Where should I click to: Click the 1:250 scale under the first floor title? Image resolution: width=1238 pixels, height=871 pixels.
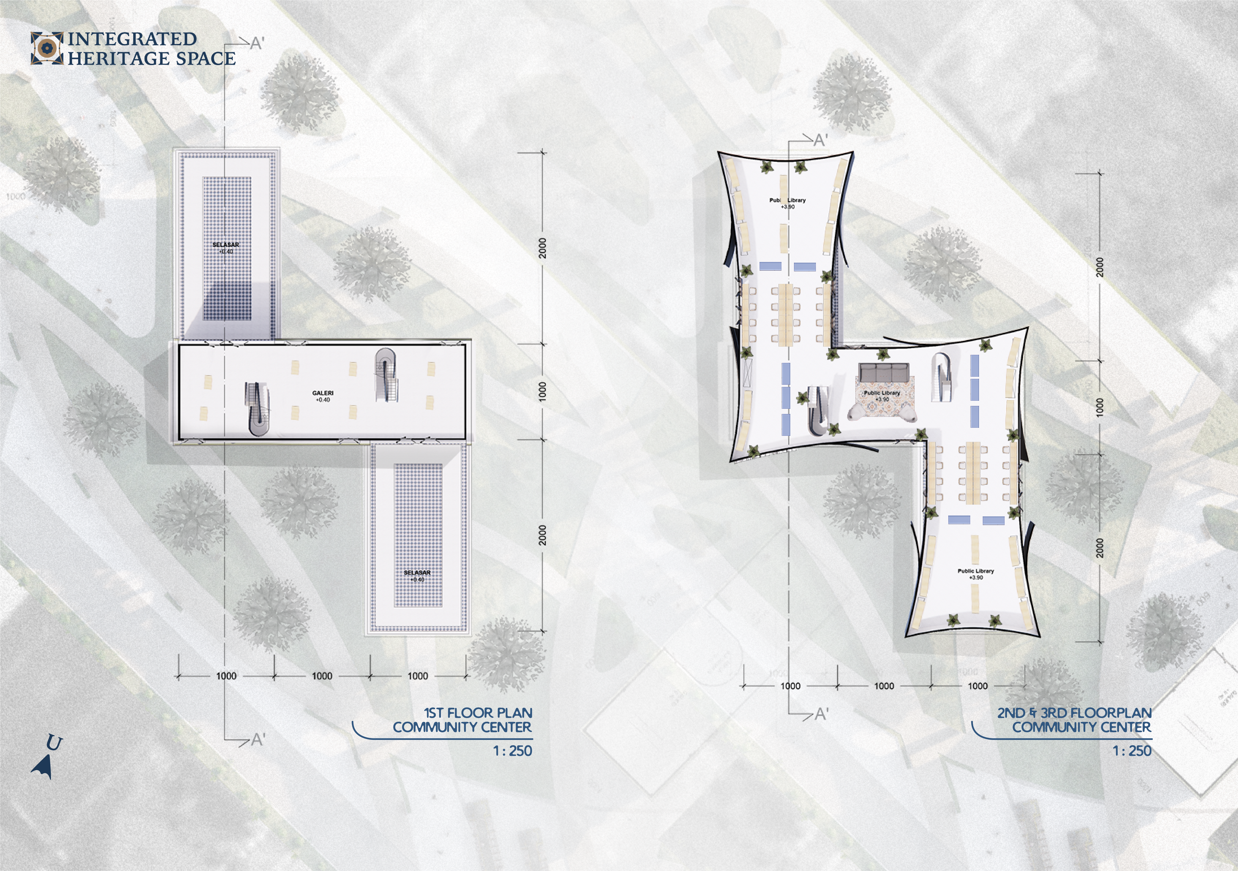pyautogui.click(x=512, y=751)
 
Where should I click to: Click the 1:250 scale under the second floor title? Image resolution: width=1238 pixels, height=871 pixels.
pyautogui.click(x=1132, y=751)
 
